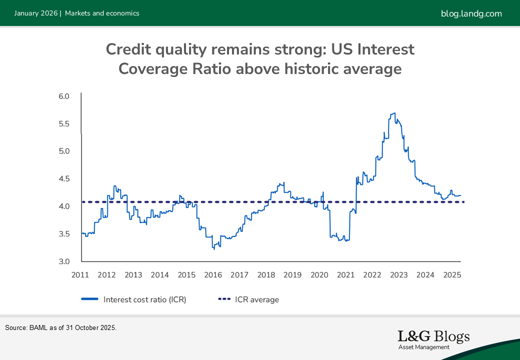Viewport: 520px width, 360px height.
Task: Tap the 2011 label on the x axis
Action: [80, 274]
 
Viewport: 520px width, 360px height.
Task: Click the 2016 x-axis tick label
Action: [213, 274]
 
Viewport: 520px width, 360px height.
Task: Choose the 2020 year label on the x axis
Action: [319, 274]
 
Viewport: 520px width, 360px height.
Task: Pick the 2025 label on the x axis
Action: [452, 274]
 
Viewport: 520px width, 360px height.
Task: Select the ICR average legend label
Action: [256, 299]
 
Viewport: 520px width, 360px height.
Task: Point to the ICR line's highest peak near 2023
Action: [394, 113]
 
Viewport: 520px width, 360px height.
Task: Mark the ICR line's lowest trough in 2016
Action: [214, 248]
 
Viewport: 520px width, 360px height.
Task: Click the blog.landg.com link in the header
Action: [471, 13]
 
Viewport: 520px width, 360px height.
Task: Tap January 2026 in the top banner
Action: [35, 13]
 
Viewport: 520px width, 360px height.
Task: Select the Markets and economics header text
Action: [102, 13]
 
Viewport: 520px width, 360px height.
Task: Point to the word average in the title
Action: [370, 68]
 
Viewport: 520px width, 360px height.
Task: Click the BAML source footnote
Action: [60, 328]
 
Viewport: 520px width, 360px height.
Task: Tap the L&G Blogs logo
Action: [433, 338]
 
